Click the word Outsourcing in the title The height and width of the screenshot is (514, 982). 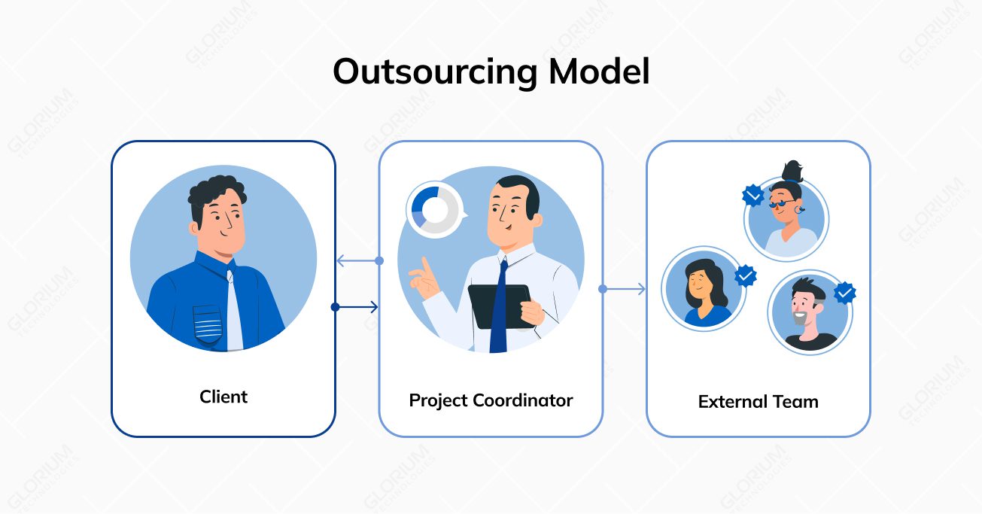click(x=435, y=72)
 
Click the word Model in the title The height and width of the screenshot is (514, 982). click(x=599, y=72)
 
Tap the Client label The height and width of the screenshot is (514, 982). click(x=223, y=397)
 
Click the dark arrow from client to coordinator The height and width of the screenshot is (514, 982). click(x=357, y=306)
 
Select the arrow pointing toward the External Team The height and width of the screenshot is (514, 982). click(x=624, y=289)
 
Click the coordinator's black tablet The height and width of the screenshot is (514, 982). click(x=497, y=305)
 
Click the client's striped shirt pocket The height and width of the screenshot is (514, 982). click(x=208, y=324)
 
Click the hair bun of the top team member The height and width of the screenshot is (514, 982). click(x=792, y=170)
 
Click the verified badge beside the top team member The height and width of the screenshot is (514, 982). click(x=752, y=196)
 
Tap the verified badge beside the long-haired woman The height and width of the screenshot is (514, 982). click(x=745, y=276)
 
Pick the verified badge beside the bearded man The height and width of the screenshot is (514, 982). click(x=844, y=292)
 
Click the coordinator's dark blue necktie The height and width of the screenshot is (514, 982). click(x=499, y=316)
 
